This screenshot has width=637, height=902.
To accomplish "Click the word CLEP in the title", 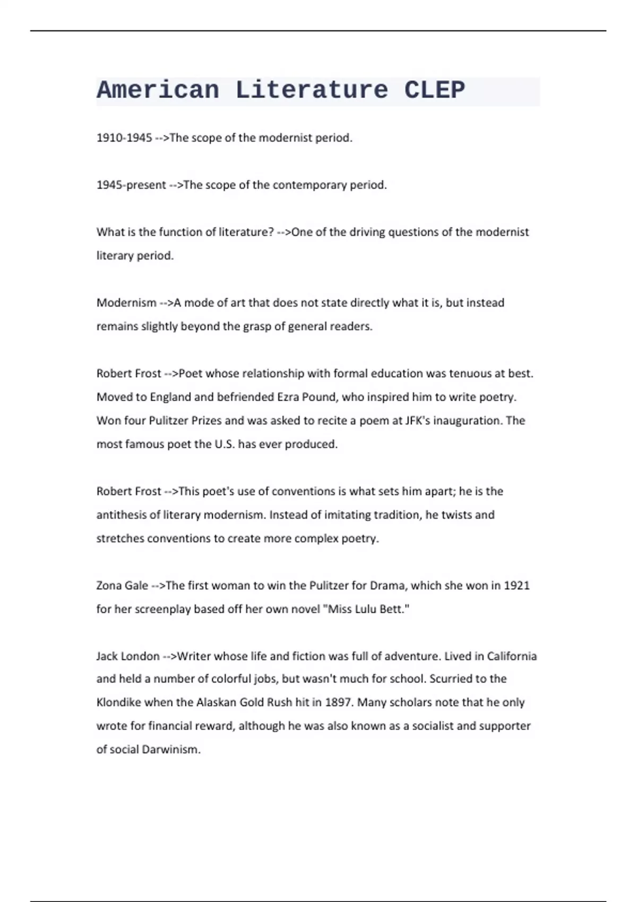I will click(x=434, y=90).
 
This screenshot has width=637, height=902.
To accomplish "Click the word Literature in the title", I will click(x=312, y=90).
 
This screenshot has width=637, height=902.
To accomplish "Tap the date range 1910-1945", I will click(x=124, y=138).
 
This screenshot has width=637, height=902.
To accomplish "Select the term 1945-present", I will click(x=131, y=185).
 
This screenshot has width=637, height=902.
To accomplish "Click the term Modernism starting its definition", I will click(x=126, y=303).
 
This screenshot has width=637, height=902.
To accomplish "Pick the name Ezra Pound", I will click(x=299, y=397).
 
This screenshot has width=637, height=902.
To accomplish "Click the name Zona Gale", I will click(x=122, y=586).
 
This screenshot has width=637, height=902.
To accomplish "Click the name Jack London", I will click(x=128, y=656).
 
